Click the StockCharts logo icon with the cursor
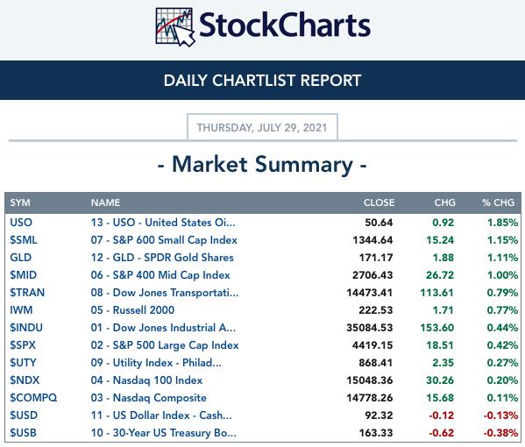[175, 27]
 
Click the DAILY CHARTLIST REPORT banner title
[263, 81]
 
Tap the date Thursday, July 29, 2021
[262, 128]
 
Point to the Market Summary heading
[263, 165]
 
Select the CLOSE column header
[379, 202]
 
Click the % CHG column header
[498, 202]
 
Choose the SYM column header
[20, 202]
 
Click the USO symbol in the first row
[21, 223]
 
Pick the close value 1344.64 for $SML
[372, 240]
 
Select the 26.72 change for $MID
[440, 275]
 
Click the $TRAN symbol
[27, 293]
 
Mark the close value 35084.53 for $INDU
[370, 328]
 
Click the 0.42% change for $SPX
[502, 345]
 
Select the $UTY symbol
[23, 363]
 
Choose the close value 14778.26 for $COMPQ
[370, 398]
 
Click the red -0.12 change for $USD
[441, 415]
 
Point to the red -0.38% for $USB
[500, 433]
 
